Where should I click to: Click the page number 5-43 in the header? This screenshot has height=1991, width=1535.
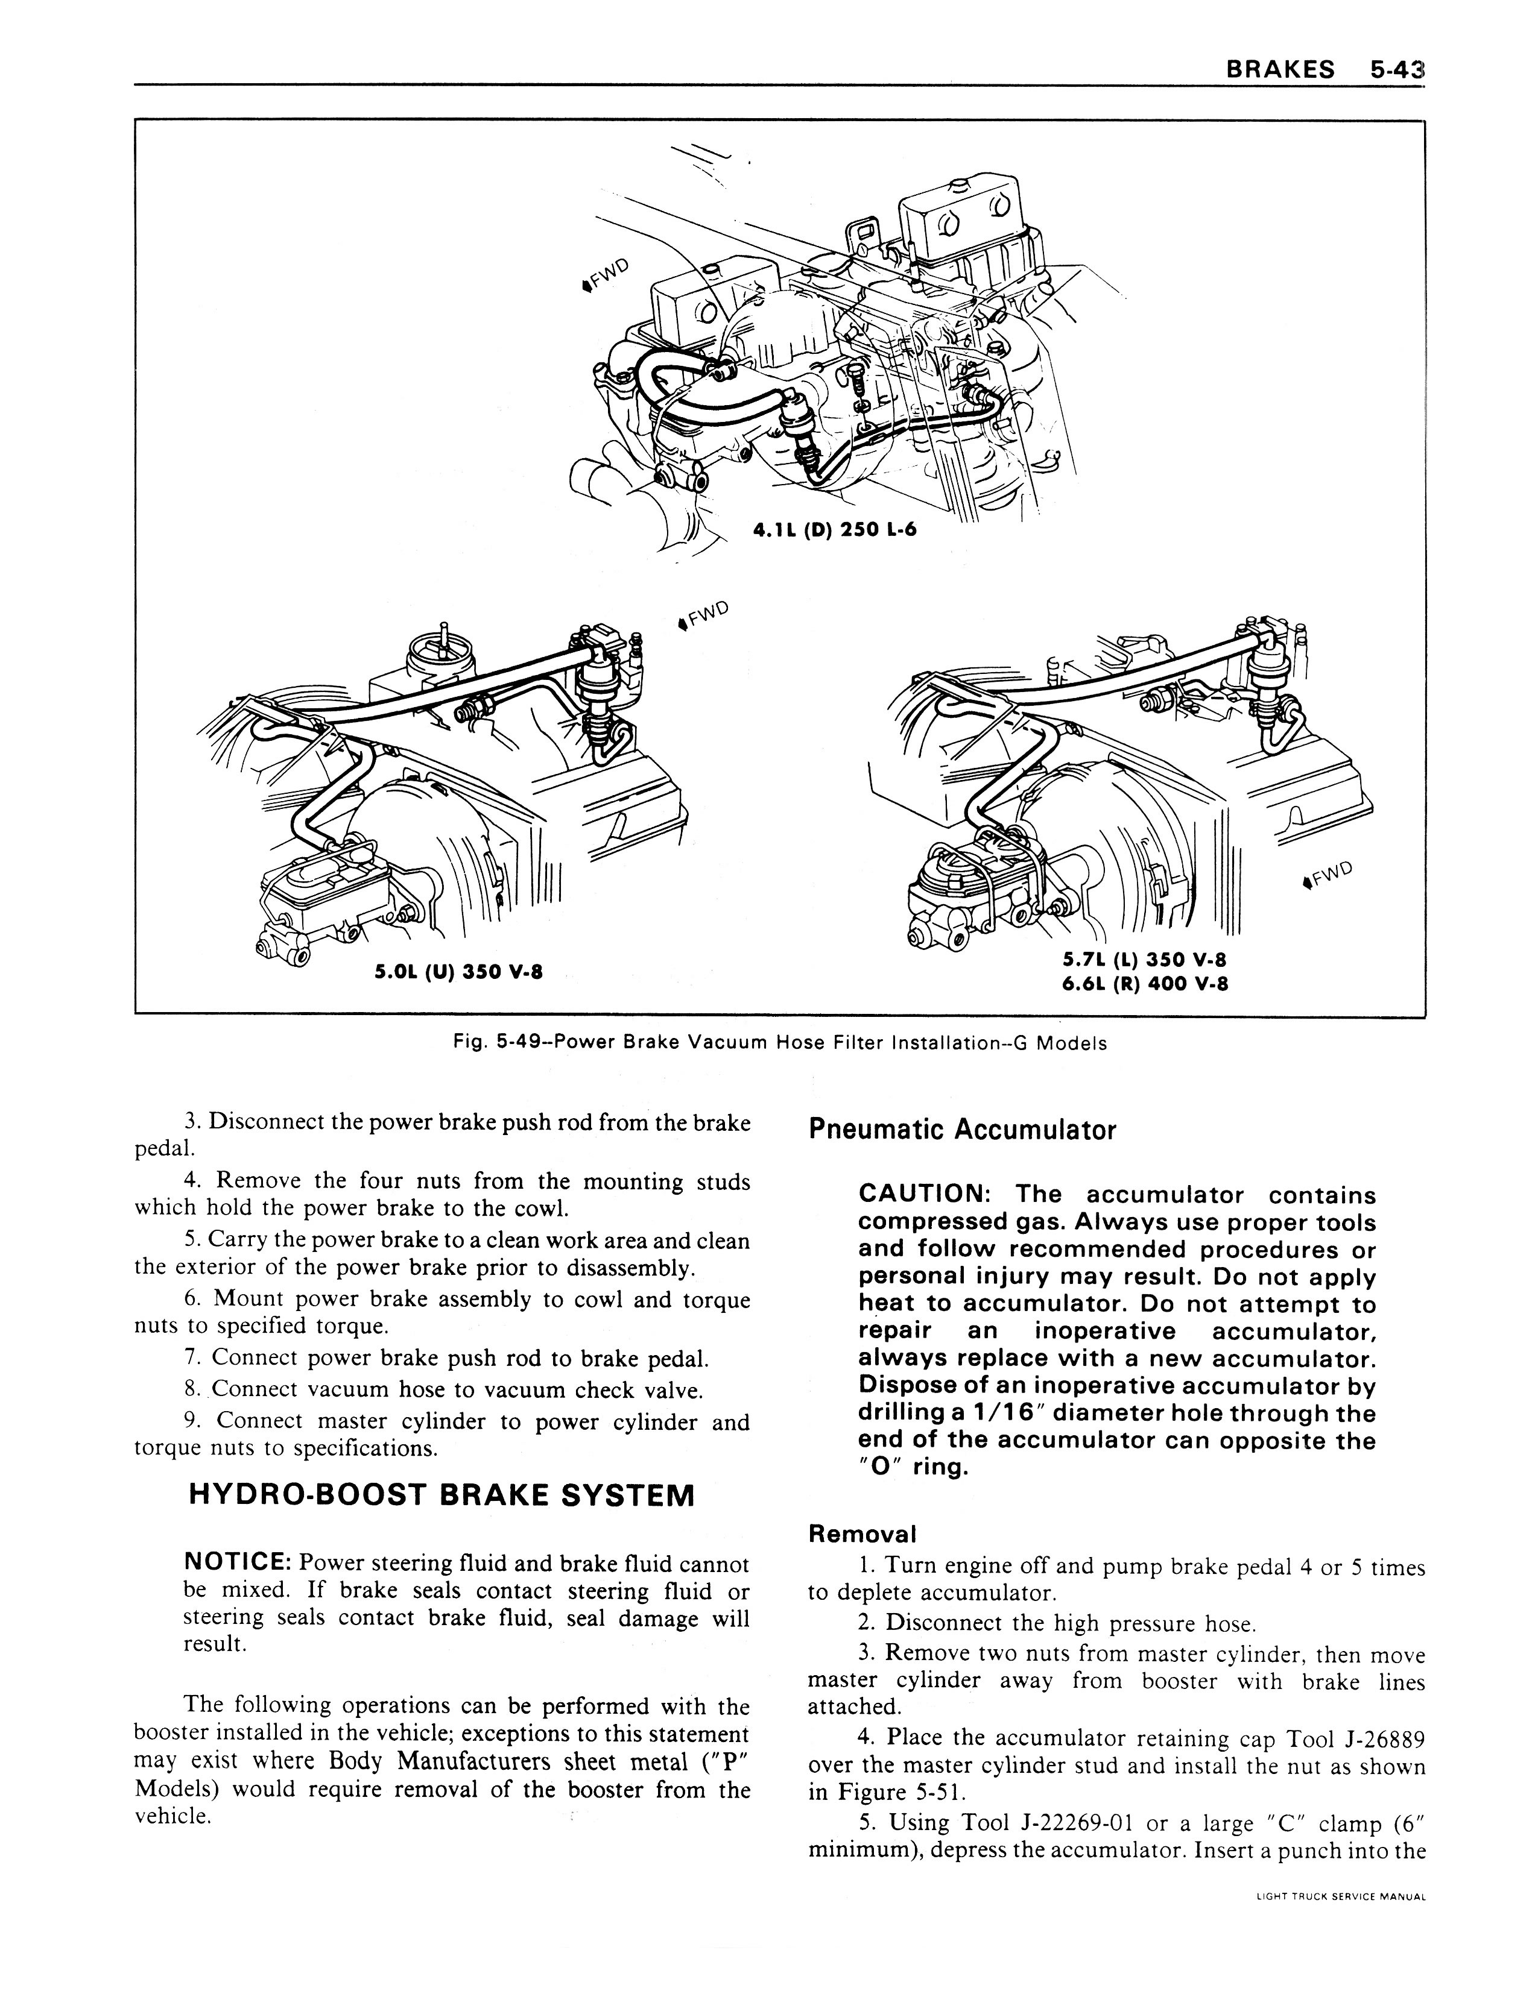tap(1396, 69)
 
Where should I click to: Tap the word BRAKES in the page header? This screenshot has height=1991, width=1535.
tap(1280, 69)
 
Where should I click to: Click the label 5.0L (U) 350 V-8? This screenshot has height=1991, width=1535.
tap(460, 972)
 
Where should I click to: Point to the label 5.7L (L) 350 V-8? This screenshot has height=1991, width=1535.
tap(1145, 959)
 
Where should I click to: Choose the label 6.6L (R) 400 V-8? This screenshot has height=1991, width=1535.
tap(1145, 984)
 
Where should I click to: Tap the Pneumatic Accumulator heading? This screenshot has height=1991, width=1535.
tap(962, 1130)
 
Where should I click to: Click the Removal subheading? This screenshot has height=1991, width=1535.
tap(862, 1534)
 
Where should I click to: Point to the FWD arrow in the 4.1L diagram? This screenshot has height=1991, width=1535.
tap(605, 274)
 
